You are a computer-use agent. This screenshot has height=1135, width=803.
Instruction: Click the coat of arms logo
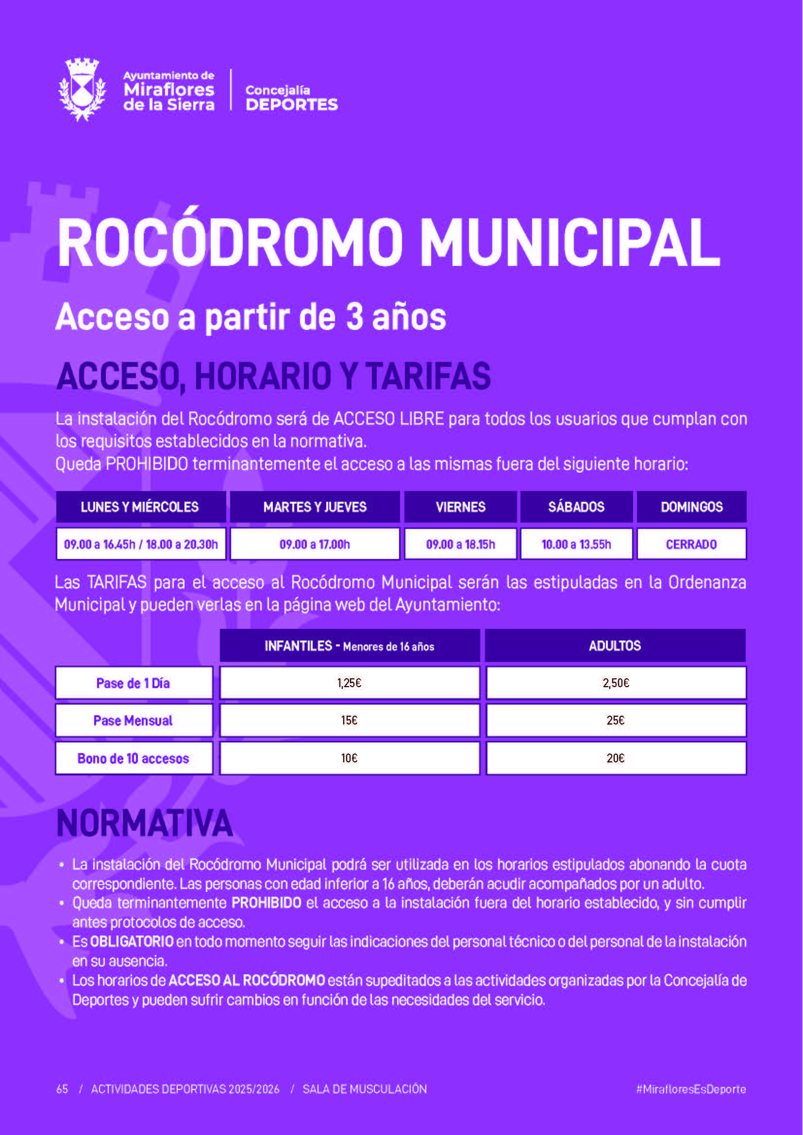(82, 89)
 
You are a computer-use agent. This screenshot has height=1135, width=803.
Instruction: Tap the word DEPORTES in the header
(292, 105)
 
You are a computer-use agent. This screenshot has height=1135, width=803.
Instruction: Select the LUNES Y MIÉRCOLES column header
(140, 507)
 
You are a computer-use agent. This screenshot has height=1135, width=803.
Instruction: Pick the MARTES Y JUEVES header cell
(315, 507)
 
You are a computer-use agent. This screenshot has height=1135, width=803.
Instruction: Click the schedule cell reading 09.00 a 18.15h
(460, 544)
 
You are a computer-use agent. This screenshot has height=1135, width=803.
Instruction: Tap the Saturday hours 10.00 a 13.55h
(576, 544)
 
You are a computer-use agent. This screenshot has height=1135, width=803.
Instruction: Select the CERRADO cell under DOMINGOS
(691, 544)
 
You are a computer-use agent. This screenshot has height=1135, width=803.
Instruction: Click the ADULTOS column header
(615, 645)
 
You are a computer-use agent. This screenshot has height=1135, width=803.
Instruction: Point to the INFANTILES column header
(349, 645)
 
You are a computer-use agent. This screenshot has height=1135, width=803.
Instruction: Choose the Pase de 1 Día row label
(134, 683)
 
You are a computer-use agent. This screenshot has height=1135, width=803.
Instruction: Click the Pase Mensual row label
(134, 721)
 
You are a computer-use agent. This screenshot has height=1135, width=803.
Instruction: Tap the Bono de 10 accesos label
(134, 758)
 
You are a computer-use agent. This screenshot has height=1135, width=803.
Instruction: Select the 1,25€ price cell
(349, 683)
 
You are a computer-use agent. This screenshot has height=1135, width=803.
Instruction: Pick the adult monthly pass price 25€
(616, 721)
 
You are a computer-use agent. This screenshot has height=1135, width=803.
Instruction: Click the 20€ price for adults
(616, 758)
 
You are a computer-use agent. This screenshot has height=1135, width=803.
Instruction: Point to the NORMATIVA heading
(144, 823)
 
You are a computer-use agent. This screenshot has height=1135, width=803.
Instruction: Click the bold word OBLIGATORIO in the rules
(132, 942)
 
